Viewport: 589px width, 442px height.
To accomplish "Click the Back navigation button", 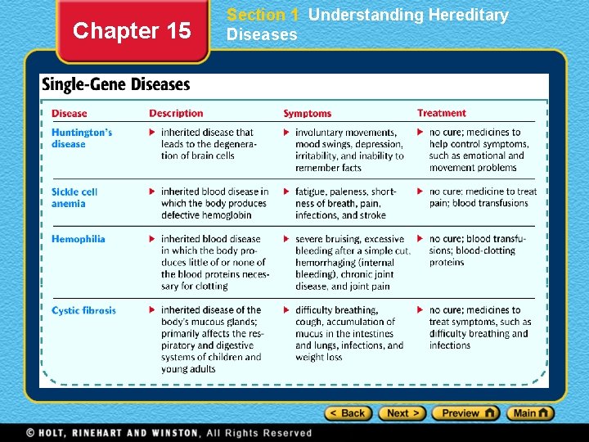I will tap(348, 413).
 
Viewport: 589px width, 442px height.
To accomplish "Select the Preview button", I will tap(465, 413).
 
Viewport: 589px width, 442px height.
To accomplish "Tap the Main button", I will tap(530, 413).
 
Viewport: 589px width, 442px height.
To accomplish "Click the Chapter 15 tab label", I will tap(132, 31).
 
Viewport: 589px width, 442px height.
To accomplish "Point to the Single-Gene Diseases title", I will tap(115, 84).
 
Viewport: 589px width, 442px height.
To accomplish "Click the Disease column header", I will tap(69, 113).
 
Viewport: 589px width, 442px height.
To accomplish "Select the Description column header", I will tap(176, 113).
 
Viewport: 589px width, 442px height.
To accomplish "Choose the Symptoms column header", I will tap(308, 113).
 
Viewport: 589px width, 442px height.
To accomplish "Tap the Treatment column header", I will tap(442, 113).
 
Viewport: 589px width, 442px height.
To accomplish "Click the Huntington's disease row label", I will tap(81, 138).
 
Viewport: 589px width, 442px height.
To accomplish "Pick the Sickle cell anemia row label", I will tap(74, 197).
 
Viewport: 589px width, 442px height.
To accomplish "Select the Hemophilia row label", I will tap(79, 239).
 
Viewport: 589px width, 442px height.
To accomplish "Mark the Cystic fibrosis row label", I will tap(83, 310).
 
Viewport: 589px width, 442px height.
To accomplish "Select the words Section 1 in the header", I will tap(263, 15).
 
